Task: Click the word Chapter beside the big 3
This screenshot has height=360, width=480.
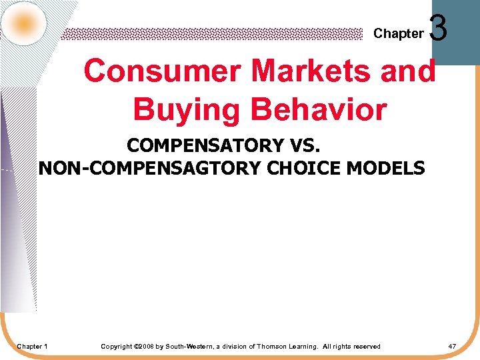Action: [x=398, y=33]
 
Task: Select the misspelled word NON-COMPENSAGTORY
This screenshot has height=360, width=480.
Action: [x=151, y=168]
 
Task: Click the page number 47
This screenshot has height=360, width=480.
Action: [x=452, y=347]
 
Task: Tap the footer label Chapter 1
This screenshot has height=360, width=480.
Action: [x=32, y=347]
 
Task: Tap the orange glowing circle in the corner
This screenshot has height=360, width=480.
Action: [x=24, y=24]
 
